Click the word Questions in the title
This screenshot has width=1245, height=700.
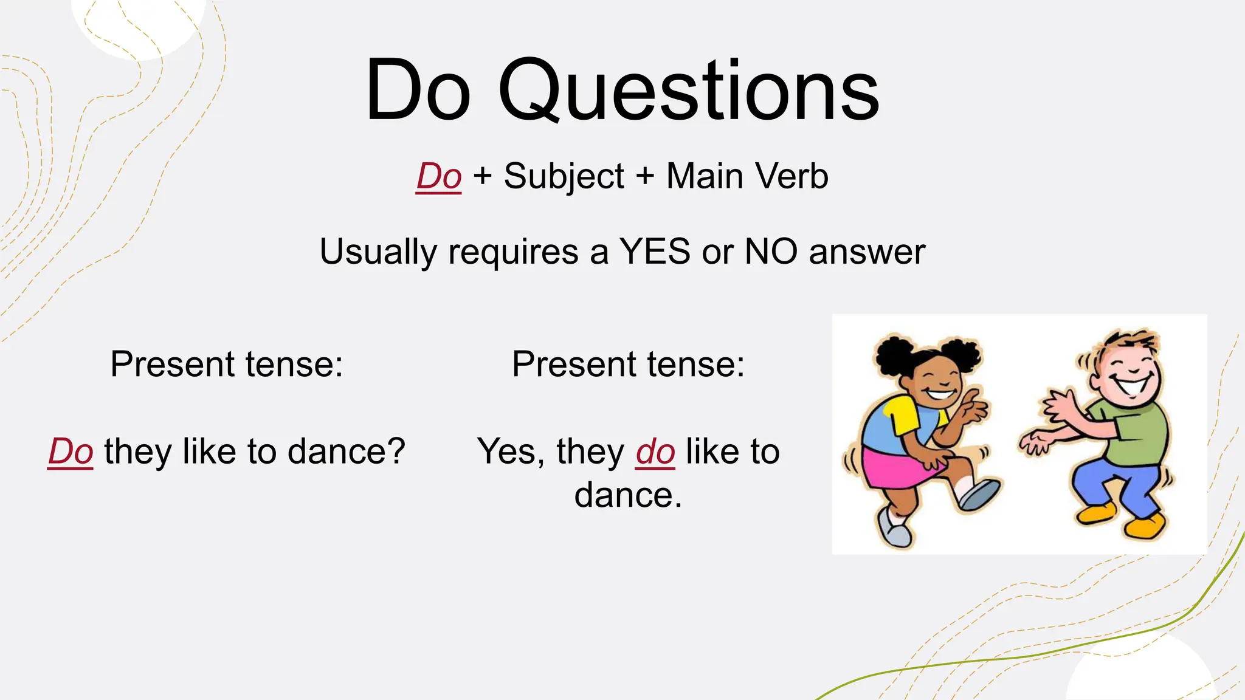(688, 91)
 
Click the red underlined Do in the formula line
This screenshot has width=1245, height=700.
(438, 176)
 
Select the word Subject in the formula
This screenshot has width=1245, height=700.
(564, 177)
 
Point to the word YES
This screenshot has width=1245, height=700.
(655, 251)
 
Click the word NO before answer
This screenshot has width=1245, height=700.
(771, 251)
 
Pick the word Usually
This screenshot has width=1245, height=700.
(378, 252)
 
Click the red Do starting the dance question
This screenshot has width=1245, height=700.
(71, 451)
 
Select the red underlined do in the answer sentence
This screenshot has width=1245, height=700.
(655, 451)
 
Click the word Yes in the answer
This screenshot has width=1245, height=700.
(506, 451)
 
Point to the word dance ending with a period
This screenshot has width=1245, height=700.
(627, 495)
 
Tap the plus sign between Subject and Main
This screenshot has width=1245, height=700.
(645, 176)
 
